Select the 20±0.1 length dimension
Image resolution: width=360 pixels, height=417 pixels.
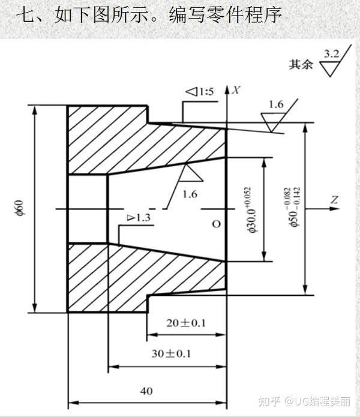pyautogui.click(x=185, y=323)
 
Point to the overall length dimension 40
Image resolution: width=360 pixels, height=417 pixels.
pyautogui.click(x=146, y=391)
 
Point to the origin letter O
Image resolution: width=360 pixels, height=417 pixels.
pyautogui.click(x=217, y=224)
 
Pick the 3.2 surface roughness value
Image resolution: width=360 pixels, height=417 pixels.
pyautogui.click(x=331, y=55)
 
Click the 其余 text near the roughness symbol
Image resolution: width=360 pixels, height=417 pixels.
pyautogui.click(x=301, y=65)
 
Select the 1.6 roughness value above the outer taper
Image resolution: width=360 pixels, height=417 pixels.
pyautogui.click(x=276, y=104)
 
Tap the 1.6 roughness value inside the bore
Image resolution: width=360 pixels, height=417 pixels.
pyautogui.click(x=190, y=194)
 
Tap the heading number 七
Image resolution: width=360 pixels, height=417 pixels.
pyautogui.click(x=23, y=14)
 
